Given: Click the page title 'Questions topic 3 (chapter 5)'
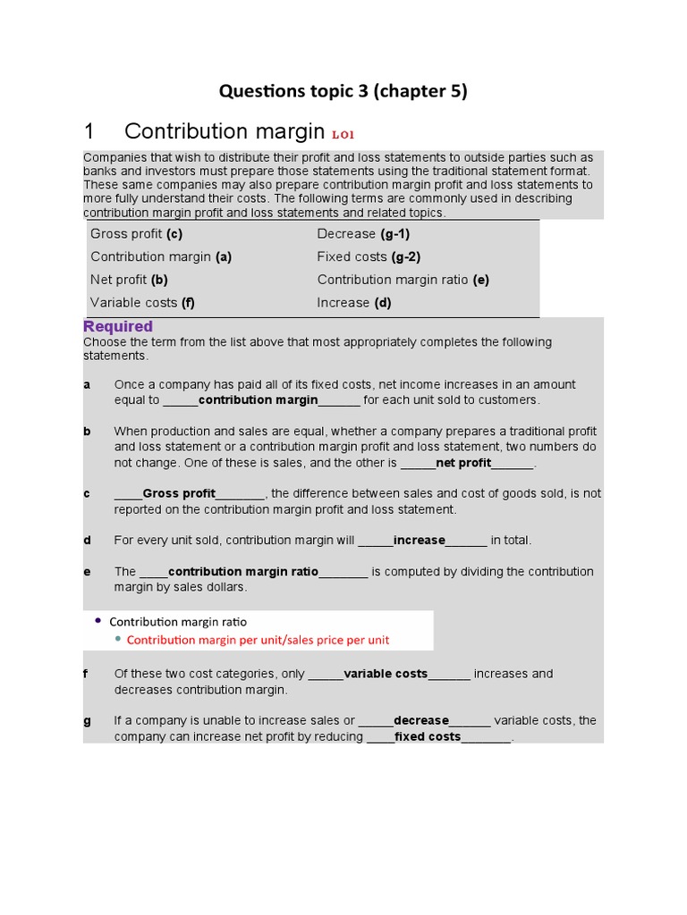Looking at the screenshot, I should (343, 90).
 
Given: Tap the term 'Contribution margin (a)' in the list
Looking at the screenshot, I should (161, 256).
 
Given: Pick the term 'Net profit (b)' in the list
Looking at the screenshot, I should (129, 280).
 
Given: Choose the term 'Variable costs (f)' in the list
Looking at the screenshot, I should (142, 303).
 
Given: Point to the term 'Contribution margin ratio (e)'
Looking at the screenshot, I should (403, 280).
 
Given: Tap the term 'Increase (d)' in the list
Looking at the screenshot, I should (354, 303).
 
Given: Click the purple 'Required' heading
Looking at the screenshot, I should (118, 327).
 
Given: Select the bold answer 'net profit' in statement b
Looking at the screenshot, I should (463, 463).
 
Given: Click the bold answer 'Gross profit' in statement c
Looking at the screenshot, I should (179, 493).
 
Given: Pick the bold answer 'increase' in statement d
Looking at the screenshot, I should (420, 540).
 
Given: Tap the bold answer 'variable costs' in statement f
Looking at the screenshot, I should (386, 674).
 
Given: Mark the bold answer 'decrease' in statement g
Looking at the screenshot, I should (421, 721).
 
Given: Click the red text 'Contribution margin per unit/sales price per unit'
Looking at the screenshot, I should (258, 640).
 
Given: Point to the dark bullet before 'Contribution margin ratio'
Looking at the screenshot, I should (98, 621).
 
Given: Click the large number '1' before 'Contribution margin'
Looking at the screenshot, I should (89, 132).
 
